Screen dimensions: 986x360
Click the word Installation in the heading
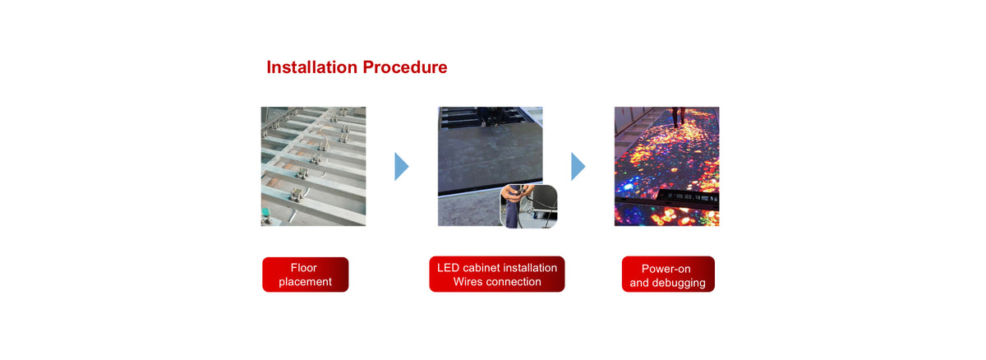pyautogui.click(x=311, y=67)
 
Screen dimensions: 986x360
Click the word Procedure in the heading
pyautogui.click(x=405, y=67)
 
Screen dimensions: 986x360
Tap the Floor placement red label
pyautogui.click(x=306, y=275)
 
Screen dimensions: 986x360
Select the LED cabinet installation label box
pyautogui.click(x=497, y=275)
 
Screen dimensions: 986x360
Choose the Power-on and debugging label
pyautogui.click(x=668, y=275)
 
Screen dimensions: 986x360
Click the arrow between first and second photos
pyautogui.click(x=402, y=166)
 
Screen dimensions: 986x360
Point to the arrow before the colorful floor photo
pyautogui.click(x=578, y=166)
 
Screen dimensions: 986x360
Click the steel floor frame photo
pyautogui.click(x=313, y=166)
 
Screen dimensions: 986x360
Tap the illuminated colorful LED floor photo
pyautogui.click(x=667, y=166)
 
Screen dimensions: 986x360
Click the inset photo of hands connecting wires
pyautogui.click(x=529, y=206)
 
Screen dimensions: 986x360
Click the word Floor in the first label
pyautogui.click(x=304, y=268)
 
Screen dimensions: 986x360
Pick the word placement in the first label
pyautogui.click(x=305, y=282)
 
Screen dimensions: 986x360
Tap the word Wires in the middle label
pyautogui.click(x=468, y=282)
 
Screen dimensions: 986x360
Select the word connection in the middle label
pyautogui.click(x=513, y=282)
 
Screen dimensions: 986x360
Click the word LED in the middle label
pyautogui.click(x=448, y=268)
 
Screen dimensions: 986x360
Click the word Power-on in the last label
pyautogui.click(x=666, y=269)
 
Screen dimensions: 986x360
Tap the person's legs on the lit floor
pyautogui.click(x=679, y=117)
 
